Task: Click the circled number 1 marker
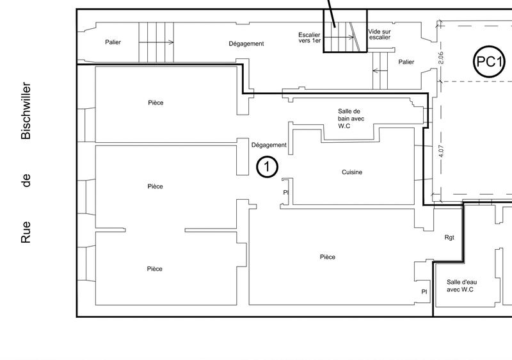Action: [x=267, y=167]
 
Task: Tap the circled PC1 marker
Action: [x=488, y=62]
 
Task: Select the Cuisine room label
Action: [x=352, y=172]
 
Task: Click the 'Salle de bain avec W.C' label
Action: [x=349, y=119]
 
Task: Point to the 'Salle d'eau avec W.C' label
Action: [x=461, y=286]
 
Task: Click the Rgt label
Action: [x=449, y=238]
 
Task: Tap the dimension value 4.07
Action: [x=441, y=154]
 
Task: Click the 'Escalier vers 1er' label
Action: [x=309, y=38]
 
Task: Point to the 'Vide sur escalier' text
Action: [x=380, y=34]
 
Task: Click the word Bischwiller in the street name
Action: [x=26, y=110]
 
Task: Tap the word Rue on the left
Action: [x=26, y=233]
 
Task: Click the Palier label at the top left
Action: [x=113, y=42]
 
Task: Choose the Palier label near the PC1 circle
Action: [x=406, y=62]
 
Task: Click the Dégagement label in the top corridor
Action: [x=246, y=44]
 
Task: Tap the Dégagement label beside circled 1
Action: [x=269, y=145]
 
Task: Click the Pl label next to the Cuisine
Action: [x=285, y=192]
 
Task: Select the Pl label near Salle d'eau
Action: [x=424, y=291]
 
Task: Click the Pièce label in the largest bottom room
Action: [x=327, y=257]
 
